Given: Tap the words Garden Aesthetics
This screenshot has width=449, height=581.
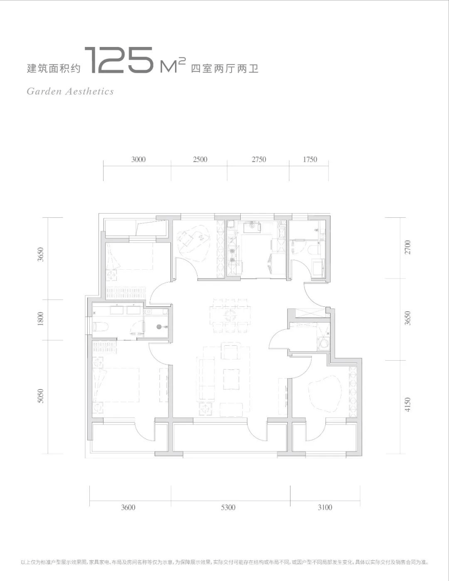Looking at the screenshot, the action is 70,91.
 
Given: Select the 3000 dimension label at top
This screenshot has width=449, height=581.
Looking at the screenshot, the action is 138,159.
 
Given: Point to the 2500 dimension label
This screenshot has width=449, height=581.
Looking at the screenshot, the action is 200,159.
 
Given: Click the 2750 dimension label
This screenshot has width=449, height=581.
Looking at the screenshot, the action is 259,159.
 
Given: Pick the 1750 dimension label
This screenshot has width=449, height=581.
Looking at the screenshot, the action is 310,159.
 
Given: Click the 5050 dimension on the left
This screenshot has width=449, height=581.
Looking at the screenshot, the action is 40,396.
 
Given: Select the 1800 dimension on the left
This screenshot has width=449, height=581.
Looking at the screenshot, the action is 40,319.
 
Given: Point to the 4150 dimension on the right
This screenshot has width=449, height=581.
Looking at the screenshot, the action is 407,404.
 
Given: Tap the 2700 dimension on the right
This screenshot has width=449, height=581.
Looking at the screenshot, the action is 407,247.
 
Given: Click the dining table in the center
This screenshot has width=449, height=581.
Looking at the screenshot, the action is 230,316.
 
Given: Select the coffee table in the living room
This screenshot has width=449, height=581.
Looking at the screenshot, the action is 231,379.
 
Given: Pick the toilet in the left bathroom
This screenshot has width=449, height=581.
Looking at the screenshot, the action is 100,327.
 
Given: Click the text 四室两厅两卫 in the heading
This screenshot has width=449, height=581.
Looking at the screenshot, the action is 224,69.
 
